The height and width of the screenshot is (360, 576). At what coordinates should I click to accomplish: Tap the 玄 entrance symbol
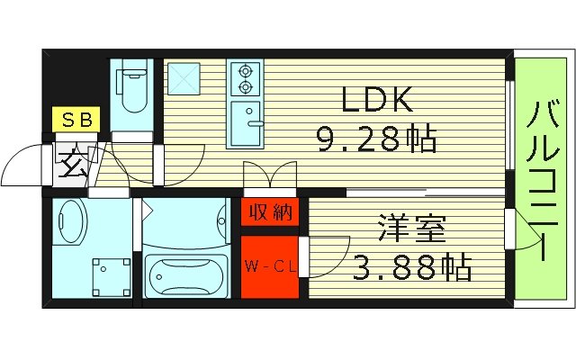click(71, 166)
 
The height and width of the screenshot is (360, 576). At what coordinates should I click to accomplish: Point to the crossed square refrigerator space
click(184, 78)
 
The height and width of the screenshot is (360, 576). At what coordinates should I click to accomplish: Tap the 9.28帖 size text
click(375, 139)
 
